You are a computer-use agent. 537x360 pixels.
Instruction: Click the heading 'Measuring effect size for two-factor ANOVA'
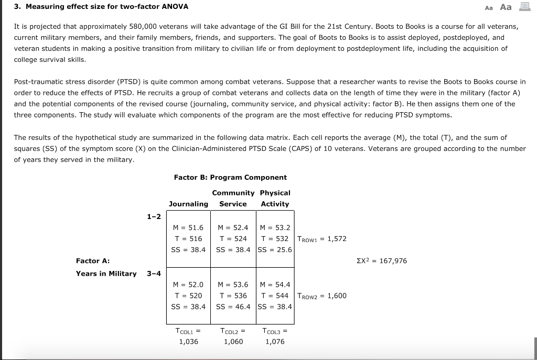[101, 7]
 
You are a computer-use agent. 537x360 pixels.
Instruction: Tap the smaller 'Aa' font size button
[489, 7]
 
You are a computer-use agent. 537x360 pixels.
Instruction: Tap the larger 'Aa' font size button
[506, 7]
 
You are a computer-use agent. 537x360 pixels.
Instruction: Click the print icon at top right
[523, 7]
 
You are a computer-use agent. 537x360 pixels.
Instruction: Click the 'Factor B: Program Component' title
[230, 177]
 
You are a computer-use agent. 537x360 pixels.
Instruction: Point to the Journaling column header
[188, 204]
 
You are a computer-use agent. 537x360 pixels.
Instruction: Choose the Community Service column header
[233, 199]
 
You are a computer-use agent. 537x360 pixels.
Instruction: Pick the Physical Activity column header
[275, 199]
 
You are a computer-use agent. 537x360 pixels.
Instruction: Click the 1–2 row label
[154, 216]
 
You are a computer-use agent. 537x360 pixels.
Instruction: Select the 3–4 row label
[154, 273]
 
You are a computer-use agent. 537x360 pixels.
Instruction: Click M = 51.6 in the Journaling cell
[188, 227]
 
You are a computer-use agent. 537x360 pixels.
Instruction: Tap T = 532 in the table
[275, 238]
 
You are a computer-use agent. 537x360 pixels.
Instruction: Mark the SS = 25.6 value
[275, 249]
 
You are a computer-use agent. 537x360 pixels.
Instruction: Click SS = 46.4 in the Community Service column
[233, 307]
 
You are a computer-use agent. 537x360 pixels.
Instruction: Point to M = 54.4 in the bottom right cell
[275, 285]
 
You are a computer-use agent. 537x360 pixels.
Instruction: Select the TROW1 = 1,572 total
[321, 239]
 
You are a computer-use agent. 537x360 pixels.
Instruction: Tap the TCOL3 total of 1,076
[275, 342]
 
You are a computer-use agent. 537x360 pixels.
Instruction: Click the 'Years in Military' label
[106, 273]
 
